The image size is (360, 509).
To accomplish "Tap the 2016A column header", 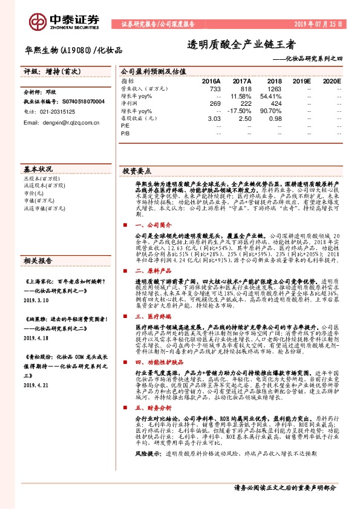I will pyautogui.click(x=211, y=80).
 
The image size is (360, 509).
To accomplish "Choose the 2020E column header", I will pyautogui.click(x=332, y=80).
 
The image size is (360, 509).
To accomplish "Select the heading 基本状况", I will pyautogui.click(x=39, y=169).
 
